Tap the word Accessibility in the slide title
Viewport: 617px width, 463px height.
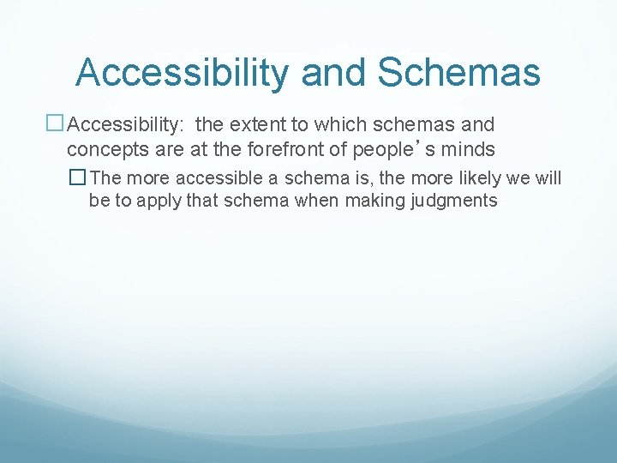(x=182, y=72)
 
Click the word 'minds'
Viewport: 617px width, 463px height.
(x=466, y=149)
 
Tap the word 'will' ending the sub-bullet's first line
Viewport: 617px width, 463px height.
(x=549, y=178)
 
